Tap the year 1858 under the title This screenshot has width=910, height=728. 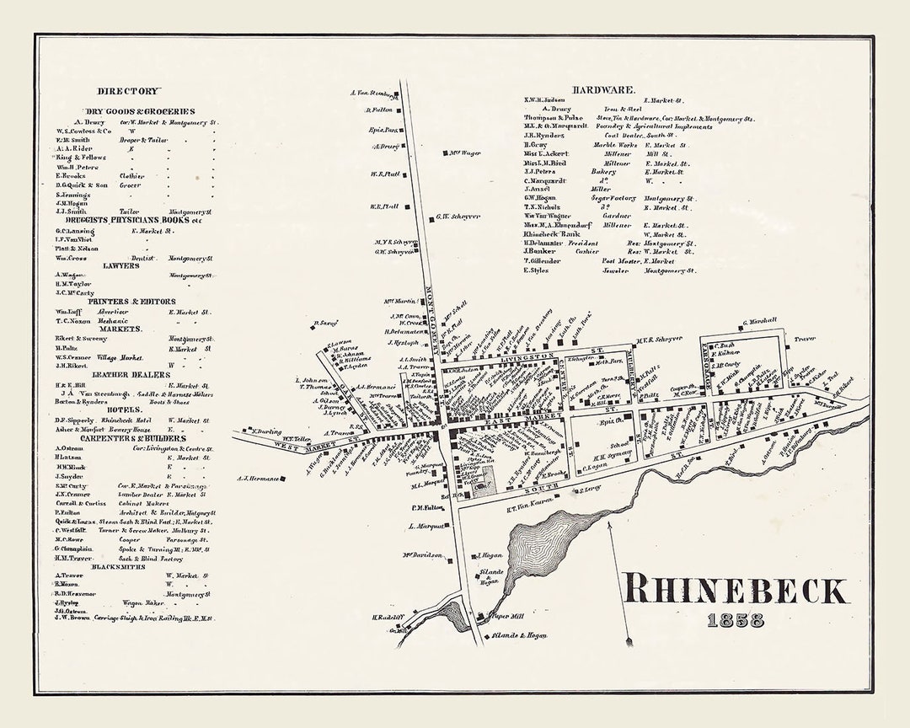(x=736, y=621)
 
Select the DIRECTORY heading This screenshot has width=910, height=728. (x=127, y=91)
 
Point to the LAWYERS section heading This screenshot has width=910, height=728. (x=121, y=265)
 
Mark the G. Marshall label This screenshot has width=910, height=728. (x=759, y=321)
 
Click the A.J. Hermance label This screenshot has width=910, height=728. (x=257, y=479)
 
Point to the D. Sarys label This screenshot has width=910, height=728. (x=325, y=323)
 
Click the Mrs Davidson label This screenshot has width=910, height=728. (x=421, y=554)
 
